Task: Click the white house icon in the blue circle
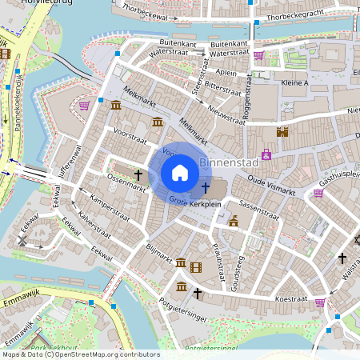pos(180,173)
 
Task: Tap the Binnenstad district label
pos(228,162)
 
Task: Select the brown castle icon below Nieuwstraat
pos(282,132)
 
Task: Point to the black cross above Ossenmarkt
pos(138,174)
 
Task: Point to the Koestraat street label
pos(291,298)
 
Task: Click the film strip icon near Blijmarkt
pos(196,264)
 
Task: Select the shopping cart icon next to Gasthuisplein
pos(318,193)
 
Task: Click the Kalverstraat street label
pos(94,226)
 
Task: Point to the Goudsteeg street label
pos(235,271)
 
